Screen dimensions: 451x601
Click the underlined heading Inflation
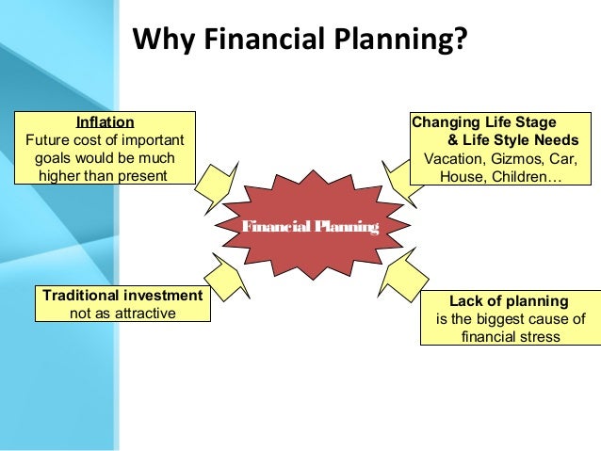(x=104, y=121)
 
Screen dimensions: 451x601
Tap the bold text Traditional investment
(x=123, y=296)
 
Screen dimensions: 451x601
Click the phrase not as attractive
(x=123, y=313)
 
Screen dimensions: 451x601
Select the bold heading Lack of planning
(x=509, y=301)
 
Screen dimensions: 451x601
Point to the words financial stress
(x=510, y=336)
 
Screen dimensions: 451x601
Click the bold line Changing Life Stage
(x=484, y=121)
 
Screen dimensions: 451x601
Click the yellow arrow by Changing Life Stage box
(x=402, y=176)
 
